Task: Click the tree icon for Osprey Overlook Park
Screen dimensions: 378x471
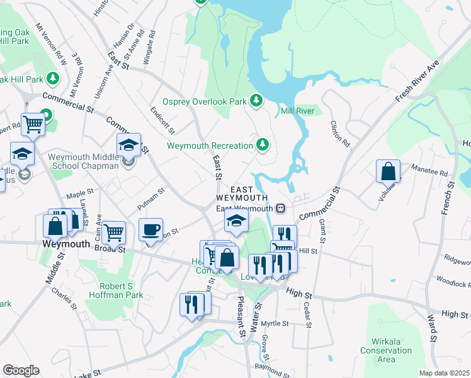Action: (256, 100)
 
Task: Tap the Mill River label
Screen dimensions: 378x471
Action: (297, 110)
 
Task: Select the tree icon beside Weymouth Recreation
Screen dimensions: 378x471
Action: (263, 146)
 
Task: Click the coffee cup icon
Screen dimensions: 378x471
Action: (150, 231)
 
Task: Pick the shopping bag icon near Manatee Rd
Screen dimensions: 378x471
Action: (388, 171)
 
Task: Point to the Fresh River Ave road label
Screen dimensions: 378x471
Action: (417, 81)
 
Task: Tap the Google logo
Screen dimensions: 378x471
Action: (21, 370)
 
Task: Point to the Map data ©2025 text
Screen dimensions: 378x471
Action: (444, 373)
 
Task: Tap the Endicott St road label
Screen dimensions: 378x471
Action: (162, 120)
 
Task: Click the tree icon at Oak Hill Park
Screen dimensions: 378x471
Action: (54, 79)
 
